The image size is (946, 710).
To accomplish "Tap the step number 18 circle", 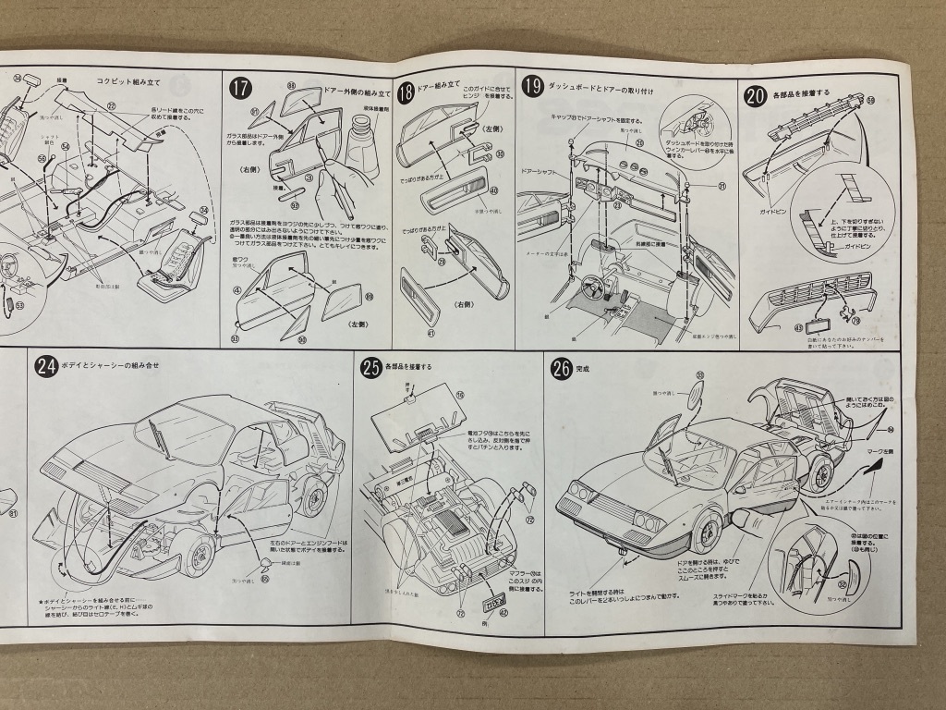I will pyautogui.click(x=405, y=92).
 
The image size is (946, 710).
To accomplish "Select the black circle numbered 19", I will pyautogui.click(x=532, y=87).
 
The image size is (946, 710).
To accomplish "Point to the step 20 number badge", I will pyautogui.click(x=755, y=95).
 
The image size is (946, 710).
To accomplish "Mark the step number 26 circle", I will pyautogui.click(x=561, y=368).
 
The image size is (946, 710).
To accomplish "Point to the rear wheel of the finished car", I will pyautogui.click(x=817, y=472).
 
